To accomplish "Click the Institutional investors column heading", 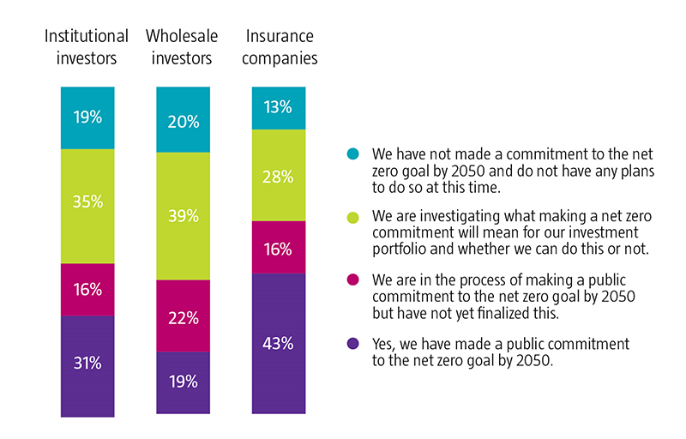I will coord(87,47).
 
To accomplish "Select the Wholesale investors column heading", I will coord(182,47).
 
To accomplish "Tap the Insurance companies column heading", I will coord(281,47).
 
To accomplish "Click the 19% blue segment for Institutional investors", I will coord(87,118).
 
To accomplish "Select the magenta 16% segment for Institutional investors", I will coord(87,290).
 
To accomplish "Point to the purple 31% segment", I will coord(87,364).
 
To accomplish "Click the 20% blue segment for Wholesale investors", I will coord(184,120).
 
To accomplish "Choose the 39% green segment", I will coord(184,216).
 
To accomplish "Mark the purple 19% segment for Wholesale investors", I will coord(184,382).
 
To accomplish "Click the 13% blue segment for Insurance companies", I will coord(279,108).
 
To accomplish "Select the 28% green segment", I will coord(279,175).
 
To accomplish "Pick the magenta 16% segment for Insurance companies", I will coord(279,248).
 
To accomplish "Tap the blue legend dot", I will coord(352,154).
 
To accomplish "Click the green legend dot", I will coord(352,217).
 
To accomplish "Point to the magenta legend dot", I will coord(352,280).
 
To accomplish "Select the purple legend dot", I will coord(352,343).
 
